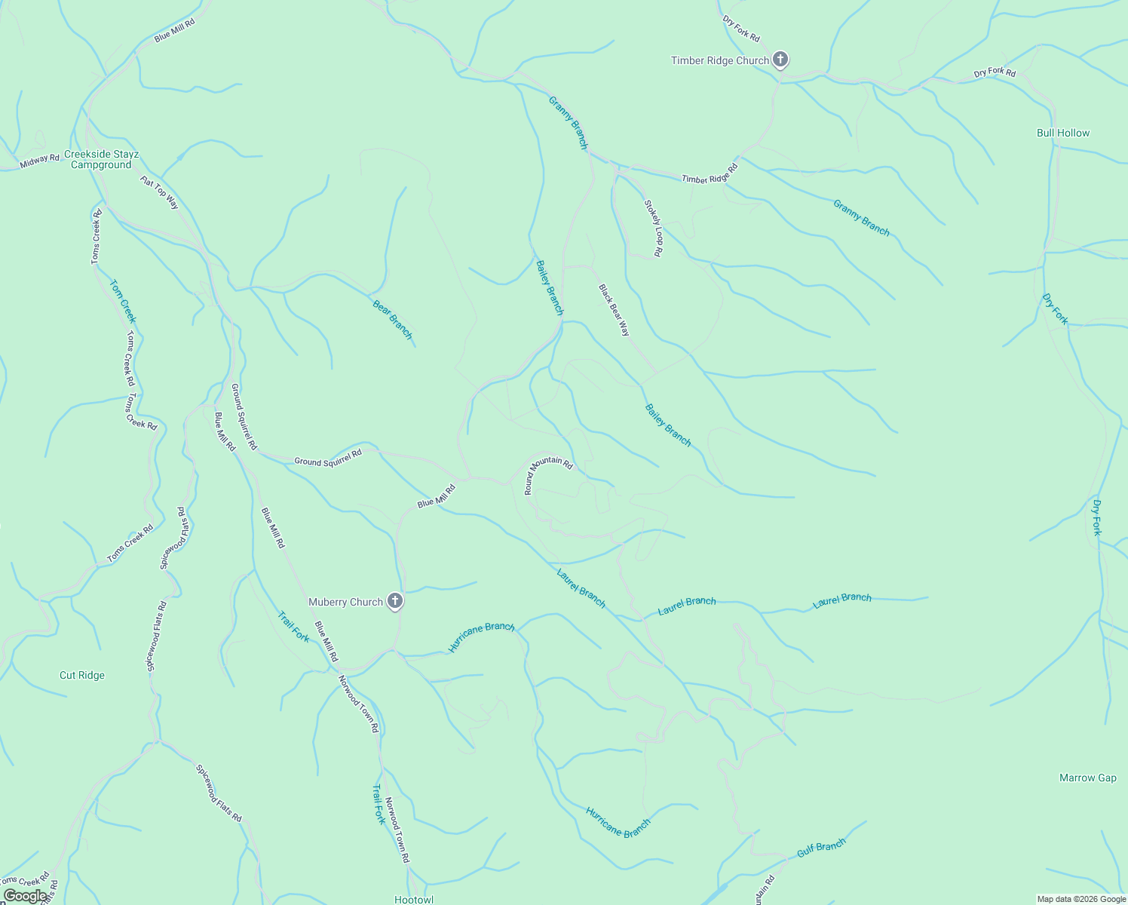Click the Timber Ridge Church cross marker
780,59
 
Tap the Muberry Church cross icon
394,601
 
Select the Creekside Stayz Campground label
101,159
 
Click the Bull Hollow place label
1062,133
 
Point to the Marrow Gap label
1087,778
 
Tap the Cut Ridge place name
82,675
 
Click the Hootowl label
414,899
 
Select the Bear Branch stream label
393,320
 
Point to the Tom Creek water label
122,301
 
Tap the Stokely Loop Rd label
653,228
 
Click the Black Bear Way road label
614,309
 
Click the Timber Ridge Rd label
710,174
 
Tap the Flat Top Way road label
159,192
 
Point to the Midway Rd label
39,160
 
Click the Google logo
25,895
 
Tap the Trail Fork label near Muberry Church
293,627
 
